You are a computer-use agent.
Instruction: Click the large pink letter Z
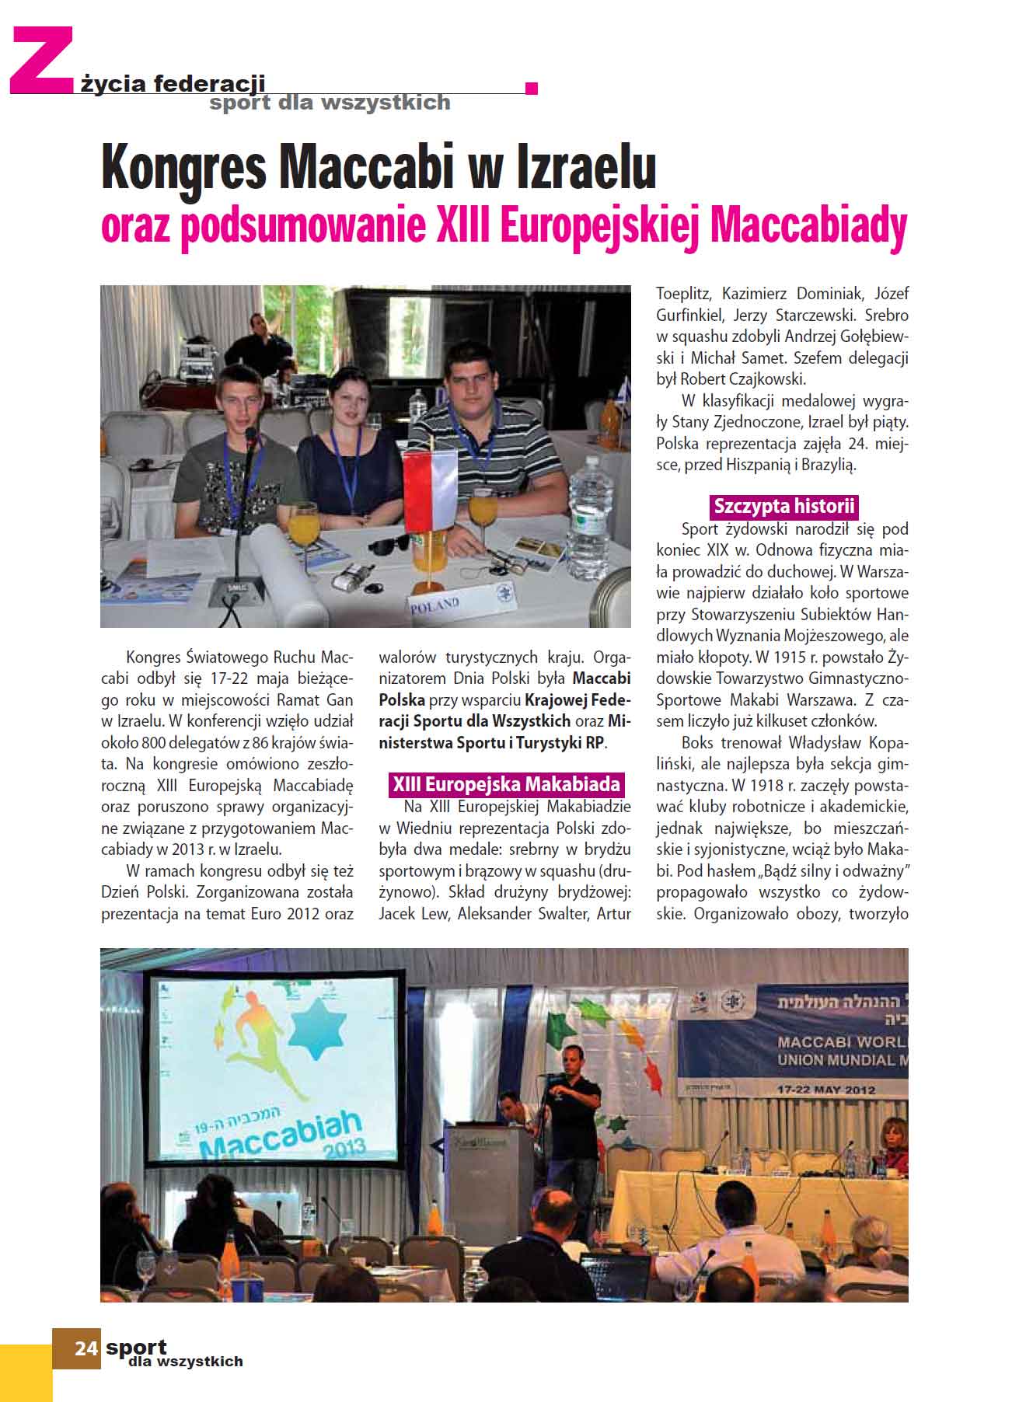click(40, 61)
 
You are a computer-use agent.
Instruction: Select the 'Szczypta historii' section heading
click(783, 507)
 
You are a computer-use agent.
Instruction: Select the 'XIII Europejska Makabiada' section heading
click(506, 783)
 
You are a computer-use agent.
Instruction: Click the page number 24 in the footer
click(85, 1348)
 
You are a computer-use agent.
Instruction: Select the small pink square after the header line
click(532, 88)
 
